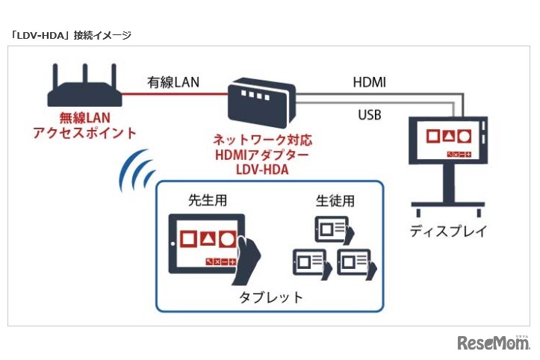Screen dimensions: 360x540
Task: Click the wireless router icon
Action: (x=84, y=90)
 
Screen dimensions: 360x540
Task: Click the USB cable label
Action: (x=365, y=115)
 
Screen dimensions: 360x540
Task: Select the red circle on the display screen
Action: (x=465, y=137)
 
